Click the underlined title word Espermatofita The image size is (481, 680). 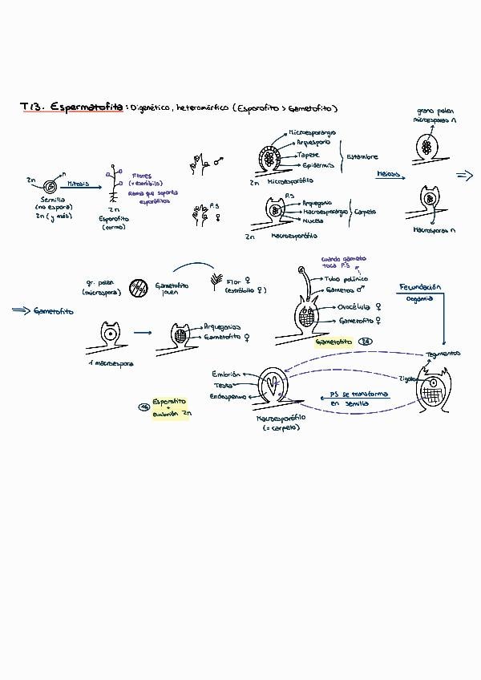point(86,107)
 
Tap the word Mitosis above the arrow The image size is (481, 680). point(79,183)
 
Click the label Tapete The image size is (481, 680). point(308,154)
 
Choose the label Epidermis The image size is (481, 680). point(312,165)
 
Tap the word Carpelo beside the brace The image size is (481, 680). point(366,212)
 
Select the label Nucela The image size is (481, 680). point(313,221)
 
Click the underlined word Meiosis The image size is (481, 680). point(389,173)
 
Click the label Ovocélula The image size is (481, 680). point(357,306)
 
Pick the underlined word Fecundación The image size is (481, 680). point(420,287)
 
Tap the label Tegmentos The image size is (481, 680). point(443,353)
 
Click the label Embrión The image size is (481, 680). point(227,374)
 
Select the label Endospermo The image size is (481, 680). point(227,396)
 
